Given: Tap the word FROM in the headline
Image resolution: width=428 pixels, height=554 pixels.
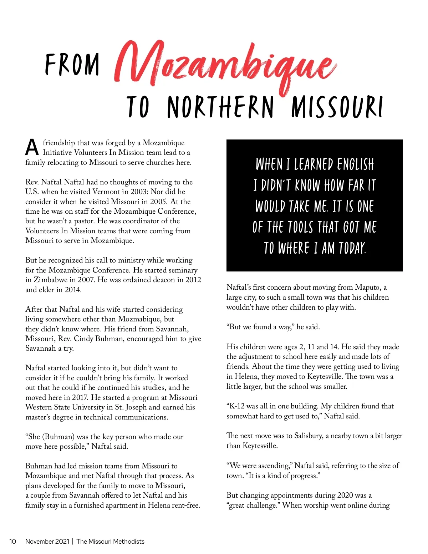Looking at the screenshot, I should (72, 65).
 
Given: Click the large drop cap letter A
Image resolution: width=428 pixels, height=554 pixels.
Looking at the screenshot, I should (32, 147).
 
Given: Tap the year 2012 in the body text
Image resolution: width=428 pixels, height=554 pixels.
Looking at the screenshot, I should (193, 280).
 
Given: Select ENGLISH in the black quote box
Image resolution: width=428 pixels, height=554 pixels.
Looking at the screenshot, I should (356, 164).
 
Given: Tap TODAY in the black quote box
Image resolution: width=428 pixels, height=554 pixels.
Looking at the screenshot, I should (352, 248).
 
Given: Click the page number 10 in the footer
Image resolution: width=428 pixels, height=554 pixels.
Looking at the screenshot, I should (13, 542).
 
